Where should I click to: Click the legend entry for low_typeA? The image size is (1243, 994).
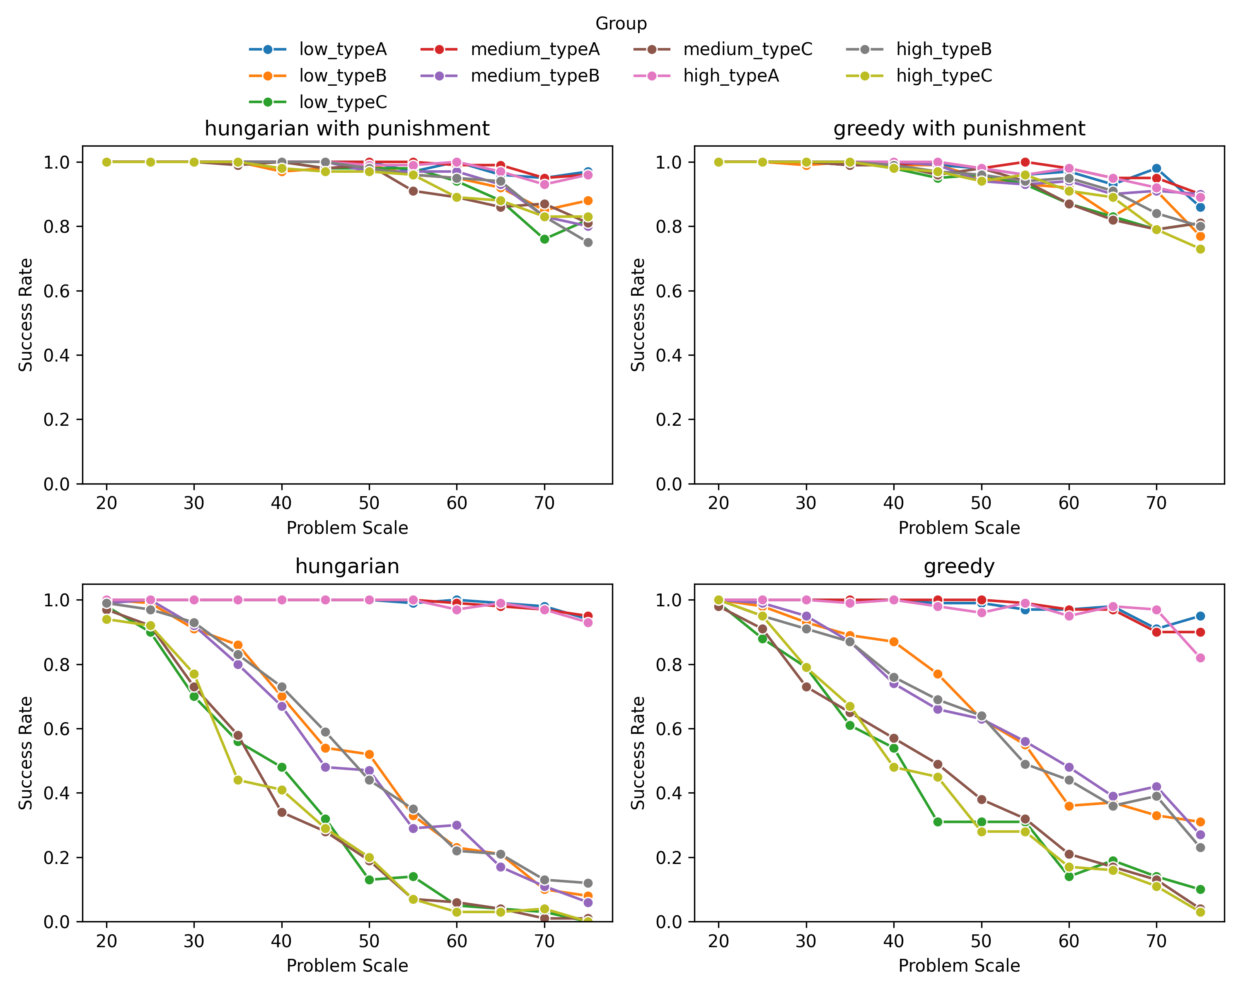pyautogui.click(x=343, y=50)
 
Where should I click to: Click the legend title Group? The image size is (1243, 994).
pyautogui.click(x=621, y=24)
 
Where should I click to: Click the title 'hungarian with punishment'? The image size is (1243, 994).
pyautogui.click(x=347, y=128)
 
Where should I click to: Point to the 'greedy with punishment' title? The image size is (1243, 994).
pyautogui.click(x=959, y=128)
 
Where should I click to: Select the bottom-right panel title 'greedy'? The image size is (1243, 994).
pyautogui.click(x=959, y=567)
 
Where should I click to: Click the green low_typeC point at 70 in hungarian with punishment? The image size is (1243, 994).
pyautogui.click(x=544, y=239)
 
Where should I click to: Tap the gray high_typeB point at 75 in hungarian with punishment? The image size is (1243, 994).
pyautogui.click(x=588, y=243)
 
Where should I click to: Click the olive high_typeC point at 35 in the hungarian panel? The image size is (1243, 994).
pyautogui.click(x=237, y=780)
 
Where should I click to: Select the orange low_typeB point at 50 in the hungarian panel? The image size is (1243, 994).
pyautogui.click(x=369, y=754)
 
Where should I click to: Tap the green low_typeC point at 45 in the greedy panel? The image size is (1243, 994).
pyautogui.click(x=938, y=822)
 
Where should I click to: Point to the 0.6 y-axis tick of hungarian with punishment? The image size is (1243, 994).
pyautogui.click(x=56, y=291)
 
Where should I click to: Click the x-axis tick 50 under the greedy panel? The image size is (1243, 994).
pyautogui.click(x=981, y=941)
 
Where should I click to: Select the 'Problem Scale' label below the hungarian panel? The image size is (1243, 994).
pyautogui.click(x=347, y=966)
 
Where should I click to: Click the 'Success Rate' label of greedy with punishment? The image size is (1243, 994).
pyautogui.click(x=638, y=315)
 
